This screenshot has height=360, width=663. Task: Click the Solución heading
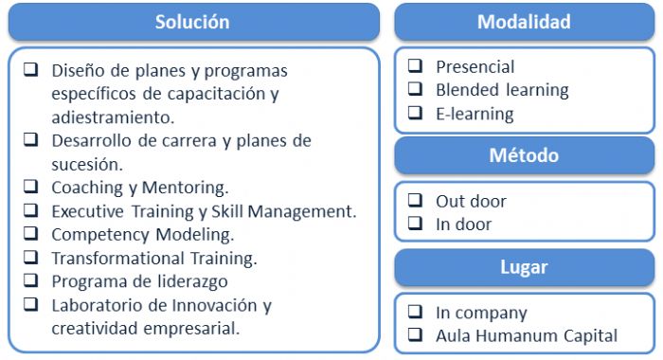[192, 21]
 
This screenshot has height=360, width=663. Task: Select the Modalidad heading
[524, 21]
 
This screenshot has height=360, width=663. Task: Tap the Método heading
[524, 154]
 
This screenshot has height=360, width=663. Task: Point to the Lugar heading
[524, 267]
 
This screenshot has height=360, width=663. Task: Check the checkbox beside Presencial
[415, 66]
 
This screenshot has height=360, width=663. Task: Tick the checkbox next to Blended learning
[415, 90]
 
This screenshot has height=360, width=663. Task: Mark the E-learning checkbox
[415, 114]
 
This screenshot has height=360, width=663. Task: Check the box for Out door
[415, 201]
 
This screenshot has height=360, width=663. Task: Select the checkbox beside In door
[415, 225]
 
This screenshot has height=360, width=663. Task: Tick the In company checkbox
[415, 312]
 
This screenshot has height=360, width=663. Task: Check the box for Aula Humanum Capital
[415, 335]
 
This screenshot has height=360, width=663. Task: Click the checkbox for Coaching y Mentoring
[31, 187]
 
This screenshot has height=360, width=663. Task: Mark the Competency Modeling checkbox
[31, 233]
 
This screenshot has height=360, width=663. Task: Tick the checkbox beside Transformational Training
[31, 257]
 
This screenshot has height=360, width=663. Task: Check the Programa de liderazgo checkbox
[31, 280]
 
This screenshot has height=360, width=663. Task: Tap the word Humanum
[518, 335]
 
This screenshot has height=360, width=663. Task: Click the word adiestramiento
[112, 117]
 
